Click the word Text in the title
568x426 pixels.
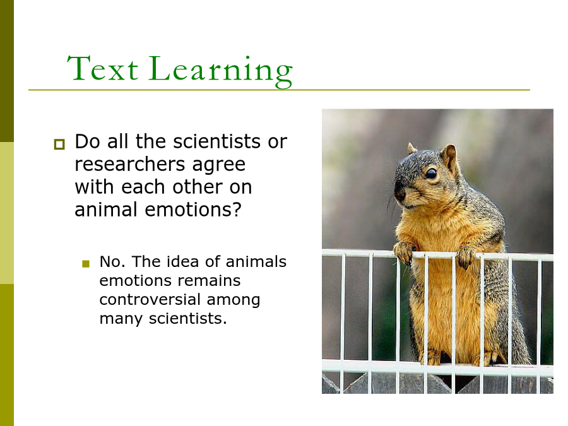[x=102, y=68]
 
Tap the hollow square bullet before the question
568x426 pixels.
[x=59, y=144]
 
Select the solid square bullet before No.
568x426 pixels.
[x=86, y=264]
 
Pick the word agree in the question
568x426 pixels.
[x=219, y=165]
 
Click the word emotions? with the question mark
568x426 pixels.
[x=193, y=210]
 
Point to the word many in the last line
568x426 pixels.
[x=121, y=319]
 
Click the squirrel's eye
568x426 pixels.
[x=431, y=174]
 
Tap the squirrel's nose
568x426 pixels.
[x=400, y=192]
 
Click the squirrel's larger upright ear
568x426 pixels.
[x=450, y=157]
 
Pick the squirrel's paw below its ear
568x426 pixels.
[x=466, y=256]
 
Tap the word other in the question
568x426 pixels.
[x=198, y=187]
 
